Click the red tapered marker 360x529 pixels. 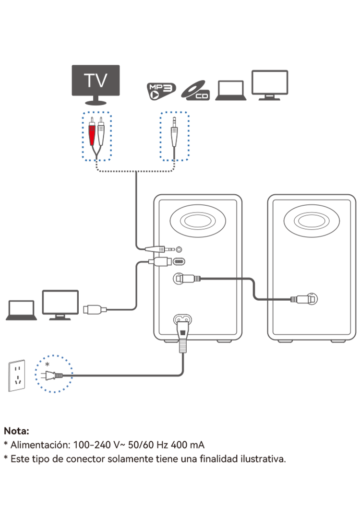(92, 135)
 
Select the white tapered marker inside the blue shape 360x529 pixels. (174, 136)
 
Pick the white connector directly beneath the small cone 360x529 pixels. (160, 261)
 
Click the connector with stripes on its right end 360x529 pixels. (188, 279)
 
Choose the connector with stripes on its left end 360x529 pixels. (303, 299)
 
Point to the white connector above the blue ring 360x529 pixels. (95, 310)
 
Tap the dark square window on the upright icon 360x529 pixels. (182, 331)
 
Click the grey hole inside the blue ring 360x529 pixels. (54, 373)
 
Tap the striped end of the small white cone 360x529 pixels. (161, 249)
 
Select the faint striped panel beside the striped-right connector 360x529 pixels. (198, 282)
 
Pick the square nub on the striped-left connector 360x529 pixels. (312, 299)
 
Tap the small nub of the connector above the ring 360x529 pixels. (103, 310)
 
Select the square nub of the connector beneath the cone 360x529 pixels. (151, 261)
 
